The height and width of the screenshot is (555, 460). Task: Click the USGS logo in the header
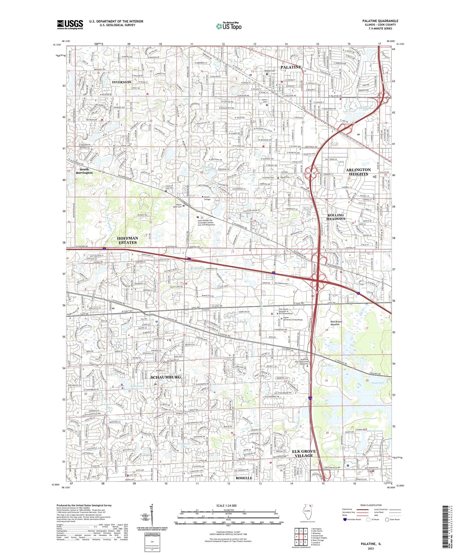(70, 24)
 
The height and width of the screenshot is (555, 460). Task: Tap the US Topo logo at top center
(228, 26)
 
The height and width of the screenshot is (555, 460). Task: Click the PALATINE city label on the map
(291, 67)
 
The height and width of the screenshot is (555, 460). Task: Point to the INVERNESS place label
(121, 82)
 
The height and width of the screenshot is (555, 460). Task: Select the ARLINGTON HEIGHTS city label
(358, 172)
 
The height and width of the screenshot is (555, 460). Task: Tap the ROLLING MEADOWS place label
(336, 217)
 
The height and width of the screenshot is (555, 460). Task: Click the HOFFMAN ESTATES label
(127, 240)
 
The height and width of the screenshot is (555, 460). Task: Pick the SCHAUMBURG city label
(166, 377)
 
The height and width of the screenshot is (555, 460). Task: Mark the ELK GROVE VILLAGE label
(304, 453)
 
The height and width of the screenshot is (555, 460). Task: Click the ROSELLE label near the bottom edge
(244, 478)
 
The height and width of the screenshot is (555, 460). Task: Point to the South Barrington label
(84, 171)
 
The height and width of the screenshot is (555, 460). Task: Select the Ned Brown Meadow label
(336, 323)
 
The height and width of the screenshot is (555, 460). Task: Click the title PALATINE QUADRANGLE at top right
(380, 21)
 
